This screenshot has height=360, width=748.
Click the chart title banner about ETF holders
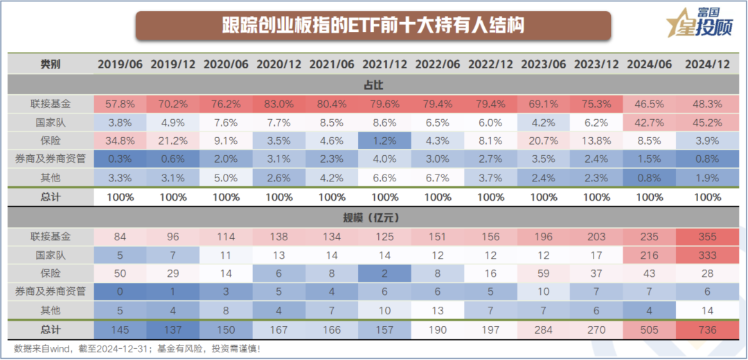[x=373, y=26]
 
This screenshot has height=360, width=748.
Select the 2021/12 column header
[x=384, y=64]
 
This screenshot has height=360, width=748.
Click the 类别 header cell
[x=51, y=64]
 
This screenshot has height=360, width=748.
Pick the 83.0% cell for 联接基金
[x=278, y=105]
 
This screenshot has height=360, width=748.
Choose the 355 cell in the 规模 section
[x=707, y=237]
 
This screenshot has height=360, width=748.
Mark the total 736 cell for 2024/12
[x=707, y=330]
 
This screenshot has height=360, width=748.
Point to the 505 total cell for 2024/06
[x=650, y=330]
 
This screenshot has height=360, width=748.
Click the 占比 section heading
[x=373, y=84]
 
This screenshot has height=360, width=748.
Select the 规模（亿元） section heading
[x=373, y=217]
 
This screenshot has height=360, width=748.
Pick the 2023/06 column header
[x=544, y=64]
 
